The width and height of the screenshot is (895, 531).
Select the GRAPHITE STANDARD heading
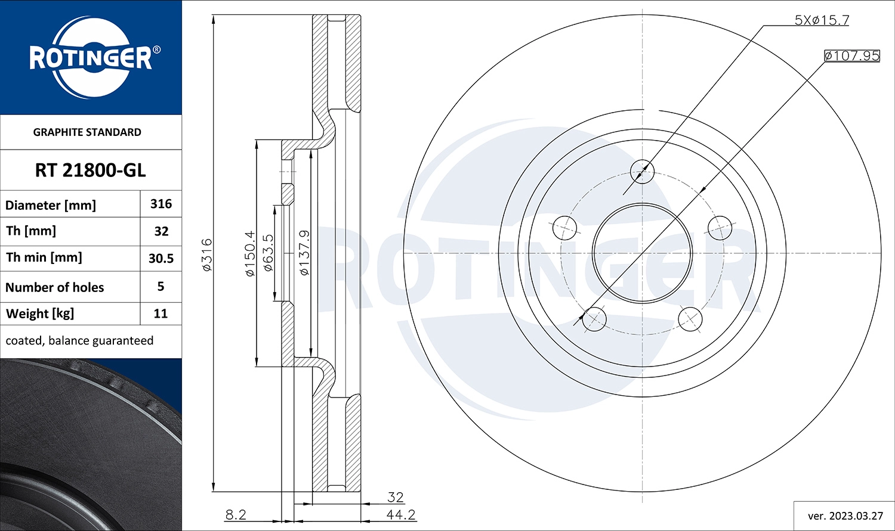point(87,132)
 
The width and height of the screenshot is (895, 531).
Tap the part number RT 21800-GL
point(90,170)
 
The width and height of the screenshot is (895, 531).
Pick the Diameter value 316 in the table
point(161,204)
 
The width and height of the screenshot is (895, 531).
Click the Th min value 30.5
point(161,259)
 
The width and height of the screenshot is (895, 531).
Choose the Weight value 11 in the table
point(161,313)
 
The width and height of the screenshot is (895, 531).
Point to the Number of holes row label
point(54,287)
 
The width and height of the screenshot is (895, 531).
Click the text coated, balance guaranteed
point(79,341)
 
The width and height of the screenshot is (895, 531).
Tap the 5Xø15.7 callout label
point(821,20)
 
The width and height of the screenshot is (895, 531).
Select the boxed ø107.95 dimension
point(851,55)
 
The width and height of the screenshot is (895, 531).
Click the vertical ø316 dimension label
point(207,255)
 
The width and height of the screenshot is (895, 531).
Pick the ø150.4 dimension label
point(250,253)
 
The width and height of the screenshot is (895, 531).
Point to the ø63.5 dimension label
point(268,253)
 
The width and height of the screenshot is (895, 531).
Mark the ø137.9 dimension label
point(304,253)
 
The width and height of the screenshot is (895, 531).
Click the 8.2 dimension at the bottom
point(236,514)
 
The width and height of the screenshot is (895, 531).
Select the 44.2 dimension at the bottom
point(400,514)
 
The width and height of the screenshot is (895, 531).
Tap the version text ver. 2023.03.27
point(845,516)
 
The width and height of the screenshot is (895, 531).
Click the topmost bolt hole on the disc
point(642,172)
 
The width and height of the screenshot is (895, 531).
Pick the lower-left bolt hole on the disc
point(594,319)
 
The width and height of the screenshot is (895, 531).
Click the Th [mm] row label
point(31,231)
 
